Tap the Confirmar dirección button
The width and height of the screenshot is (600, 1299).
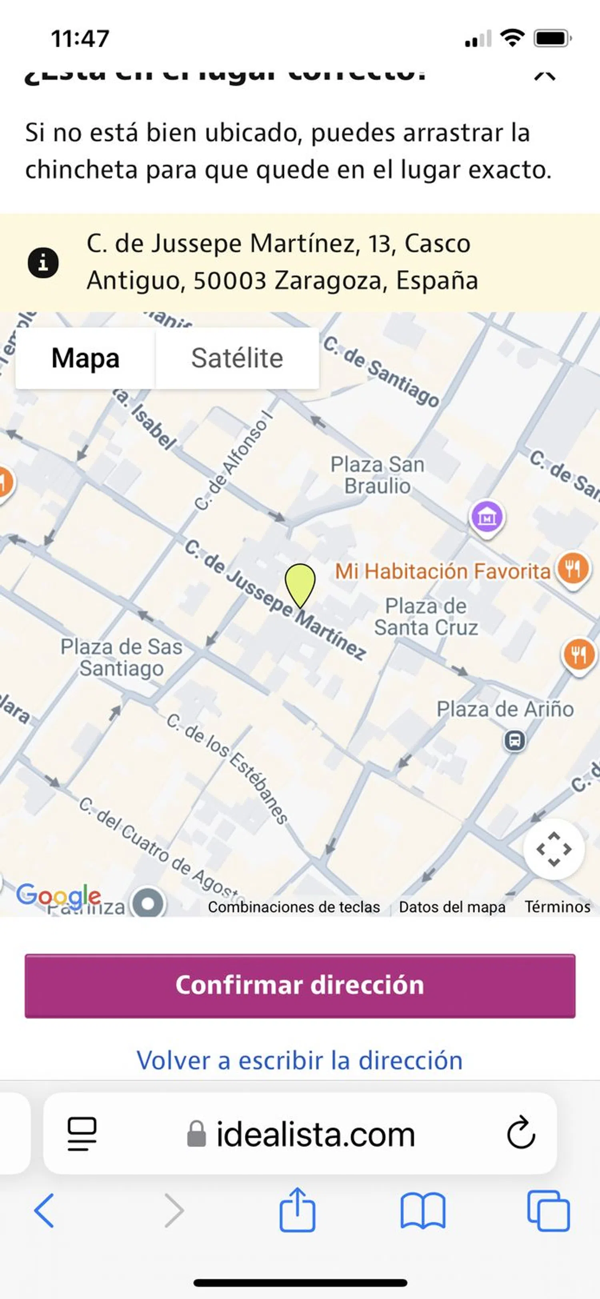pyautogui.click(x=300, y=985)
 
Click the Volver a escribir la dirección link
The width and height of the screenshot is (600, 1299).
pyautogui.click(x=300, y=1060)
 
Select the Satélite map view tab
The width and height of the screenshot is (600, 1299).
pyautogui.click(x=237, y=358)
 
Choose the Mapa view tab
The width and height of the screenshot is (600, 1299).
pyautogui.click(x=85, y=358)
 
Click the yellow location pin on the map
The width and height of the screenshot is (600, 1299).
pyautogui.click(x=300, y=584)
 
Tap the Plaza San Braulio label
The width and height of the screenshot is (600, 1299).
pyautogui.click(x=377, y=475)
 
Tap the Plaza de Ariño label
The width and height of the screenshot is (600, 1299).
pyautogui.click(x=505, y=709)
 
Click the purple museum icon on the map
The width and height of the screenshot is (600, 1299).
pyautogui.click(x=486, y=517)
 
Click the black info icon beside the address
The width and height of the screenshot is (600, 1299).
pyautogui.click(x=43, y=263)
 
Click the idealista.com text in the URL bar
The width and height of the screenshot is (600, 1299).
pyautogui.click(x=316, y=1135)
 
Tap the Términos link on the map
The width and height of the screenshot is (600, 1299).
pyautogui.click(x=557, y=907)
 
